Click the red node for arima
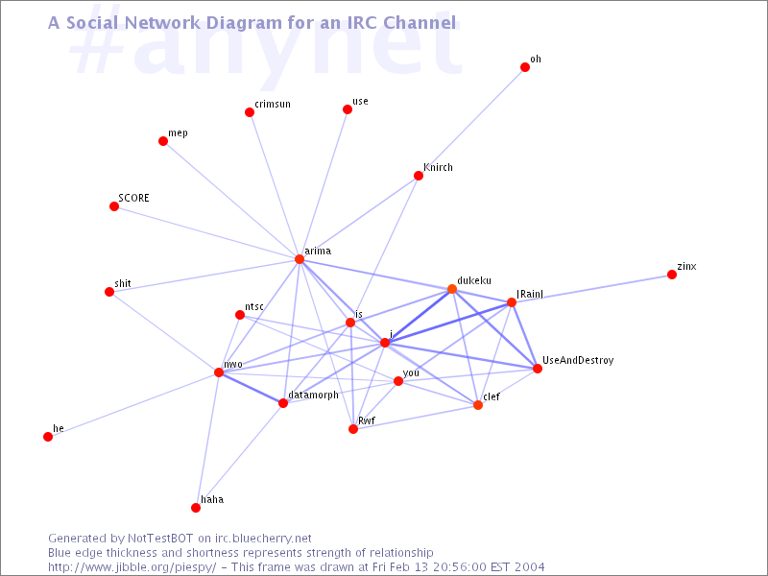click(300, 259)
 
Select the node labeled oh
click(525, 67)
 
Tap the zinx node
click(672, 275)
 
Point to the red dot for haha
click(196, 508)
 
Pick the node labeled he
click(48, 437)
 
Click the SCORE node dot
click(114, 206)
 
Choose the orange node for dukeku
click(452, 289)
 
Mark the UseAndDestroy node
click(538, 369)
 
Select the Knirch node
click(419, 176)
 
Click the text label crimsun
click(273, 104)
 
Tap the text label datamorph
click(314, 395)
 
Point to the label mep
click(178, 133)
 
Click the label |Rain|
click(530, 294)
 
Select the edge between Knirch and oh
click(471, 122)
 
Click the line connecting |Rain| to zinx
click(591, 289)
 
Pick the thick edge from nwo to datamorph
click(251, 388)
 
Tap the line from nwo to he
click(133, 404)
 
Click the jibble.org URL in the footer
click(132, 567)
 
